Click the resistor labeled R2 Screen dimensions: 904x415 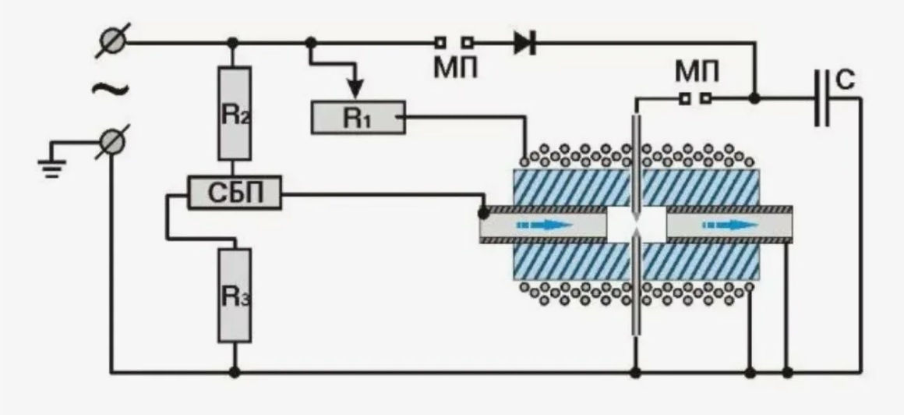(x=234, y=113)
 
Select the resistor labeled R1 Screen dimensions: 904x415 (x=358, y=117)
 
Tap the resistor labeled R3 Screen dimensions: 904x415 (x=234, y=296)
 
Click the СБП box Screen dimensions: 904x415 (x=235, y=192)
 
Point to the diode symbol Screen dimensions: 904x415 (x=524, y=43)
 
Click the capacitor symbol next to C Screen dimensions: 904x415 (x=822, y=98)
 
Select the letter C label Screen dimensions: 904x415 (x=845, y=81)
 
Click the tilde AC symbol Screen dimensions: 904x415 (x=110, y=90)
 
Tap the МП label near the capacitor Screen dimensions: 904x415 (x=697, y=73)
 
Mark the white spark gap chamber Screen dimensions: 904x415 (x=637, y=225)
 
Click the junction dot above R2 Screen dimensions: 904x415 (x=233, y=43)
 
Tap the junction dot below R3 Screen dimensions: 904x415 (x=234, y=372)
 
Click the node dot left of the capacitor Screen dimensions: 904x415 (x=754, y=99)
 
